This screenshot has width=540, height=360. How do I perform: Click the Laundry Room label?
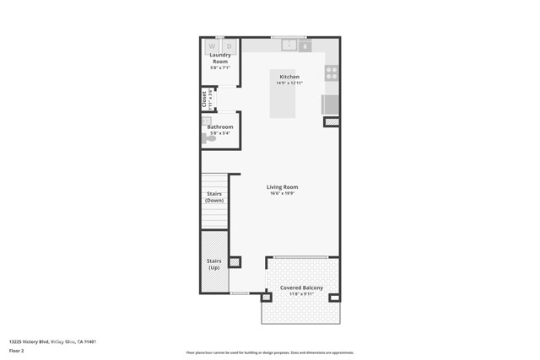click(219, 59)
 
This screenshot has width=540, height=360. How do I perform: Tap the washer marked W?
click(212, 46)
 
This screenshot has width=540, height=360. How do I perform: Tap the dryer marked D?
click(228, 46)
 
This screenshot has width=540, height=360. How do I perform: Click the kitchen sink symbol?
click(288, 46)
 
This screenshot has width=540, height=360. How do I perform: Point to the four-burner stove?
click(332, 73)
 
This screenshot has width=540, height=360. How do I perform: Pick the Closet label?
click(204, 99)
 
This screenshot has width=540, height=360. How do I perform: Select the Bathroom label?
click(220, 126)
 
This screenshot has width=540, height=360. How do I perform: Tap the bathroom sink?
click(205, 121)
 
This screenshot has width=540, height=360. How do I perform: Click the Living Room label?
click(282, 187)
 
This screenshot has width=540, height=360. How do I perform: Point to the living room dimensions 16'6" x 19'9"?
click(282, 193)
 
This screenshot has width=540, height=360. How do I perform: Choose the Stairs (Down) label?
click(214, 197)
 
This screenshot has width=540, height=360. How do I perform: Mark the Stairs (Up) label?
click(214, 264)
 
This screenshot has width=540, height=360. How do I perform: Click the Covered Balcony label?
click(302, 288)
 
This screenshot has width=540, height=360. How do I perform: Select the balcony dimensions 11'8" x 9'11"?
click(302, 294)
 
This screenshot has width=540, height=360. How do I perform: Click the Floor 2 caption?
click(17, 349)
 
